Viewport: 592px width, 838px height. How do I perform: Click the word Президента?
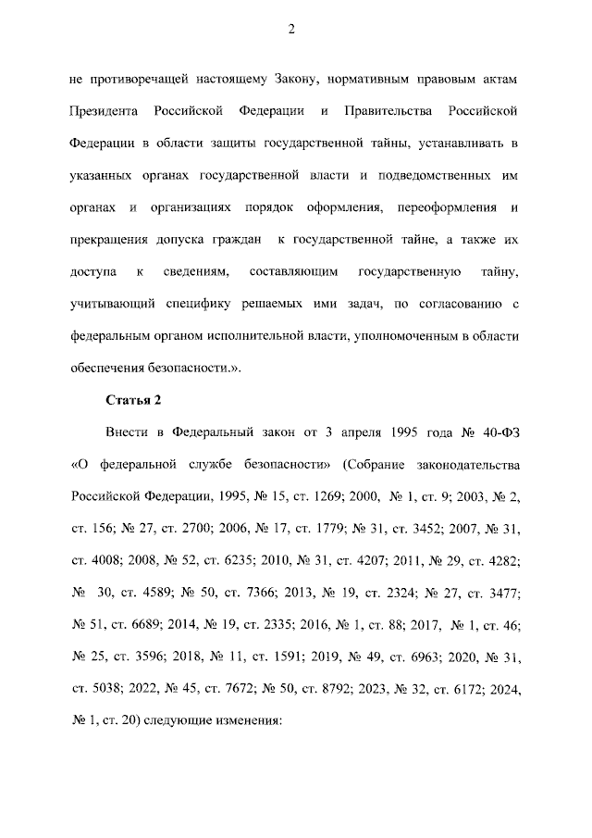click(x=104, y=112)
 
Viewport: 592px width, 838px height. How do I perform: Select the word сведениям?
click(x=191, y=272)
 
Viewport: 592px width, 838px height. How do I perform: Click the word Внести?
click(x=124, y=432)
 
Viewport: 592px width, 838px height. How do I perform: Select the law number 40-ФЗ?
click(x=499, y=432)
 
